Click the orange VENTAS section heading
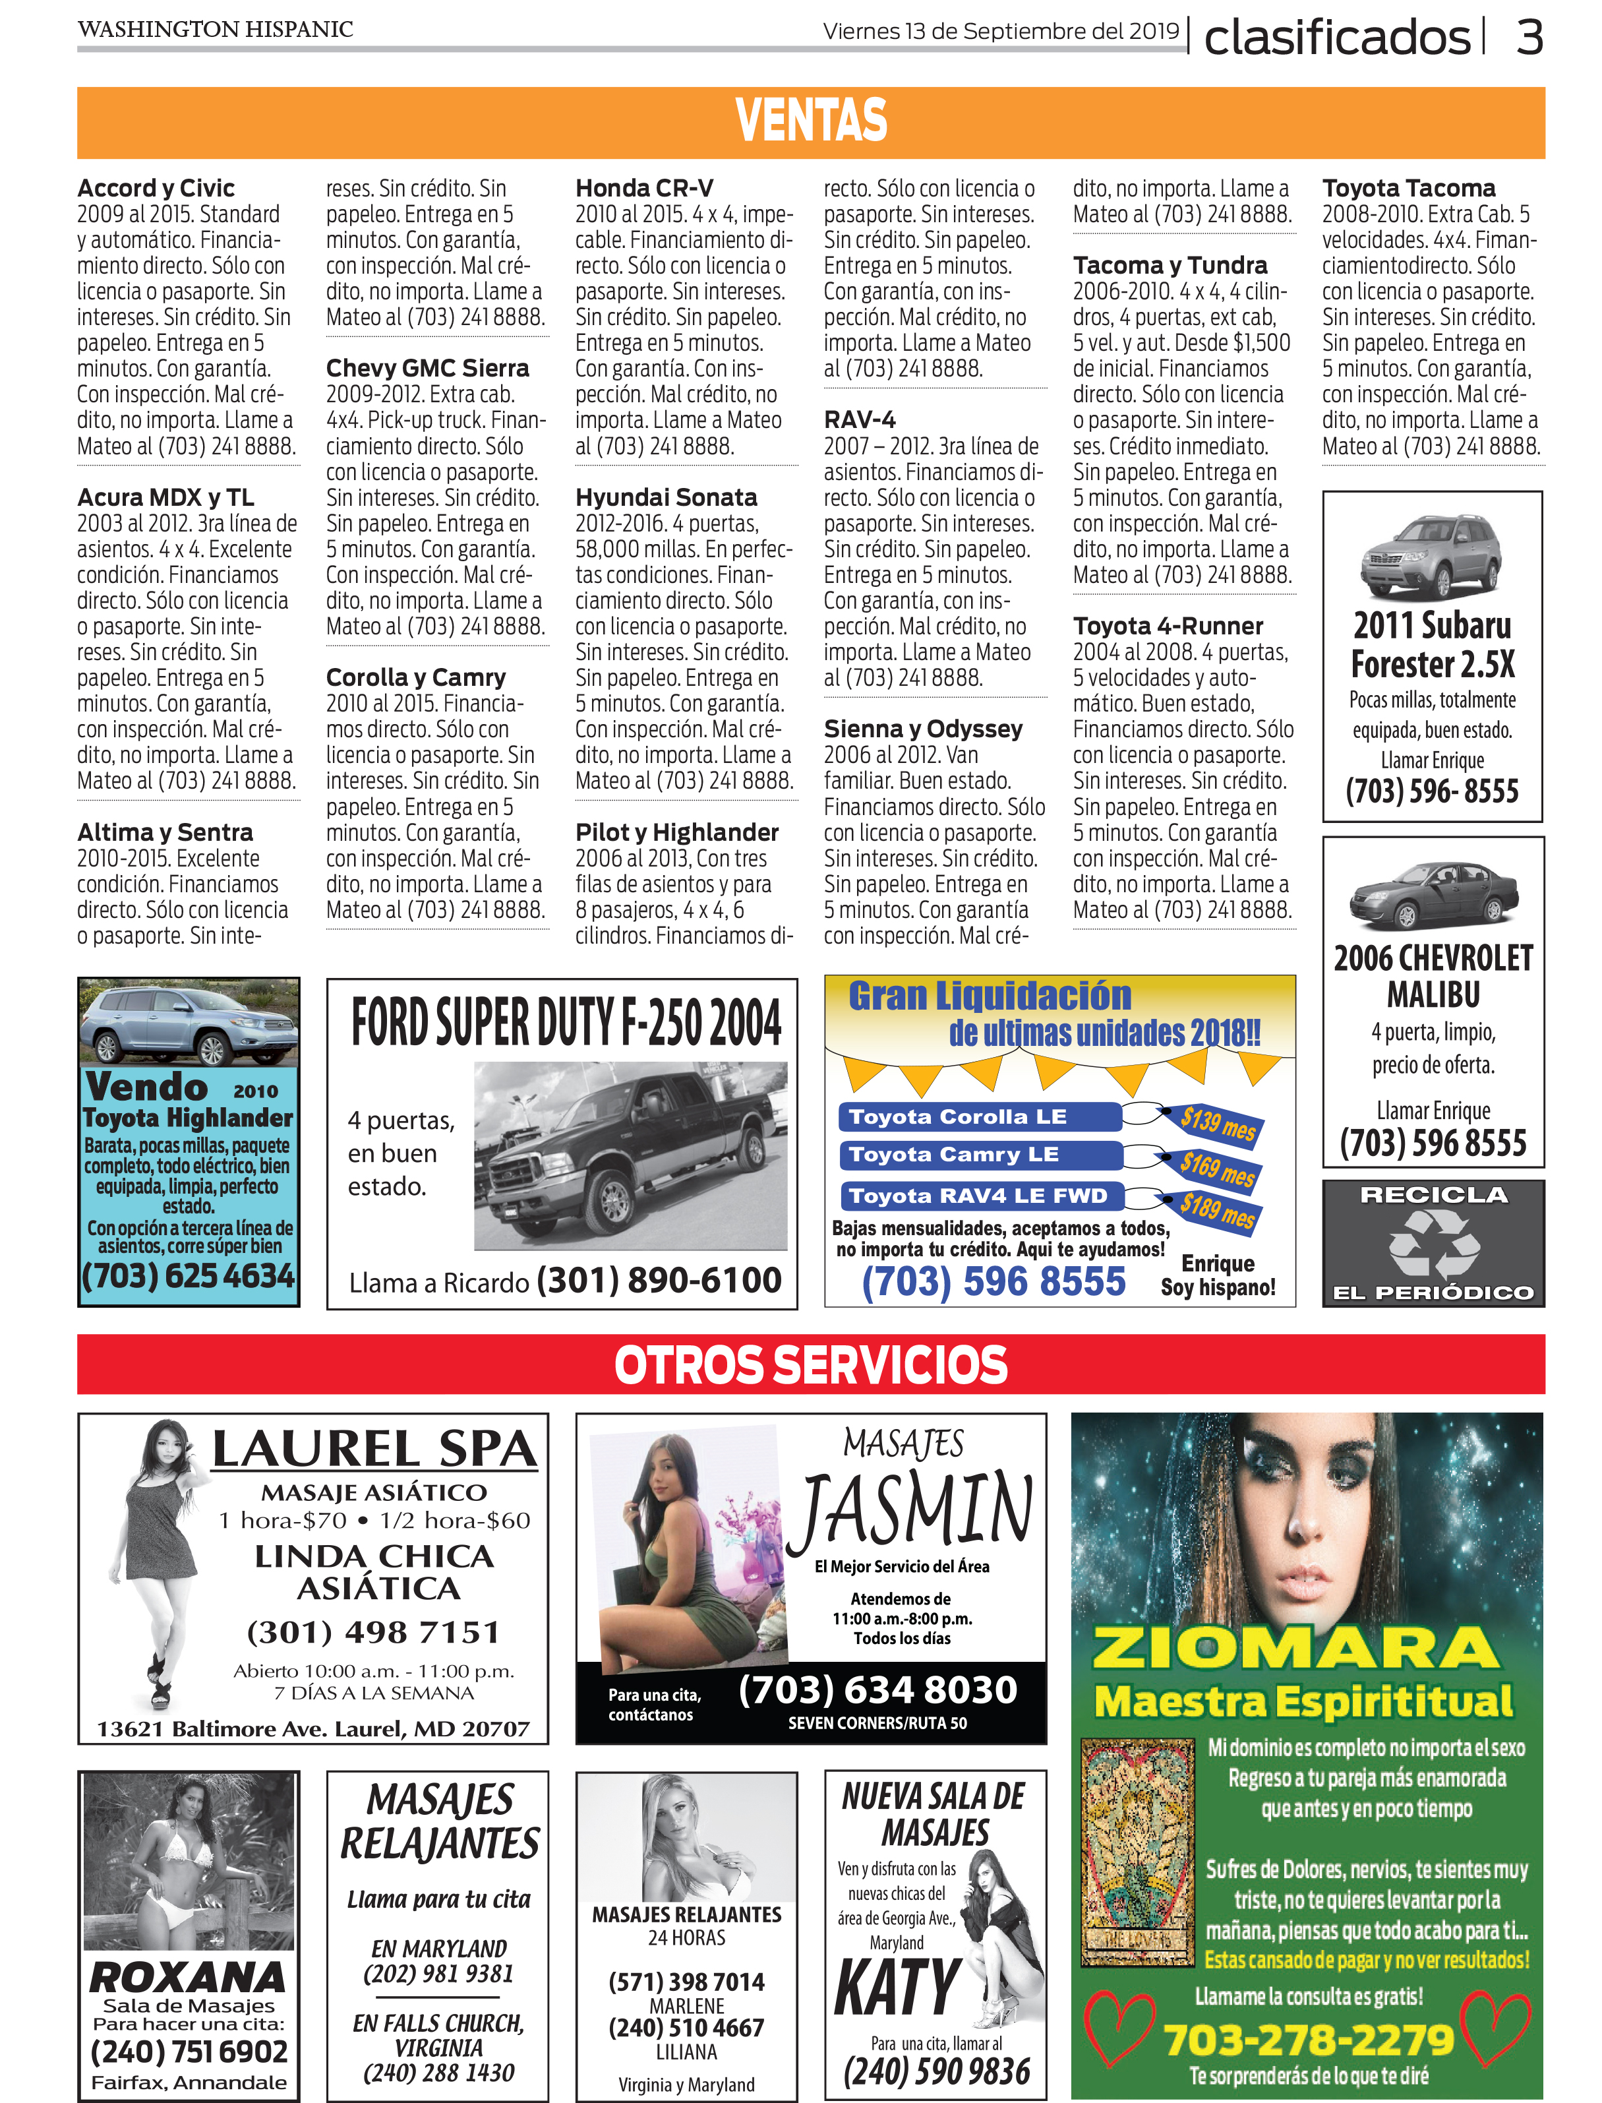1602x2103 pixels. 810,121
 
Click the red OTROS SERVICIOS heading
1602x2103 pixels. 810,1365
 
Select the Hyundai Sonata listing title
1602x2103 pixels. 666,497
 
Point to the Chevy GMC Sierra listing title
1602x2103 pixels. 427,368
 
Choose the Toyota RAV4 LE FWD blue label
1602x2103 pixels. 978,1195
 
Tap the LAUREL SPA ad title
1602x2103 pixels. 374,1449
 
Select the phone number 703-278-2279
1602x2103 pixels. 1308,2039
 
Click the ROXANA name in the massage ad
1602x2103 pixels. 188,1975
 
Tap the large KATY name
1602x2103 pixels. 897,1987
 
